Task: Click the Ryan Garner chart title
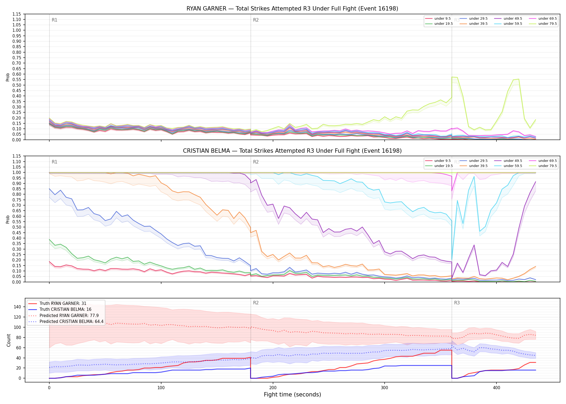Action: (x=292, y=9)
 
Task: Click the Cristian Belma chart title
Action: (x=292, y=151)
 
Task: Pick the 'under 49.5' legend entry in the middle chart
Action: (x=508, y=161)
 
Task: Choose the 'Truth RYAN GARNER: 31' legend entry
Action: (x=57, y=303)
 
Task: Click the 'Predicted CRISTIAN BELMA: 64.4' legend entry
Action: (x=66, y=321)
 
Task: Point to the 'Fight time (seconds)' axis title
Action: (x=292, y=395)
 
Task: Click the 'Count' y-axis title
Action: (x=9, y=340)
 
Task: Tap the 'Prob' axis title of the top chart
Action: (x=8, y=77)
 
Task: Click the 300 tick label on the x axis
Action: (x=385, y=388)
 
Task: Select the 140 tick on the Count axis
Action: (x=17, y=307)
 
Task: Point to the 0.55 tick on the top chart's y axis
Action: (x=17, y=80)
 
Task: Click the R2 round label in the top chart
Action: (x=256, y=20)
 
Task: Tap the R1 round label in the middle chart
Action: (x=54, y=162)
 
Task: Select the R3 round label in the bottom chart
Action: (x=457, y=303)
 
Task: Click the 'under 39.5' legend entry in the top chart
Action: (x=474, y=24)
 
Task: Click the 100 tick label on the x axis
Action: (x=161, y=388)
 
